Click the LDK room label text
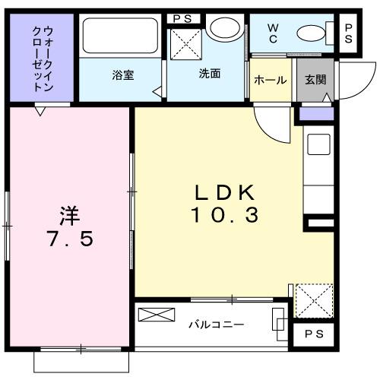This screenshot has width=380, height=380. pos(225,192)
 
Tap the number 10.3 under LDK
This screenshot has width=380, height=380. pos(225,215)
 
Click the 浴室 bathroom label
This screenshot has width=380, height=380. pos(122,75)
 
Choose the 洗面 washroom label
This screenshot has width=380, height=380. pos(210,74)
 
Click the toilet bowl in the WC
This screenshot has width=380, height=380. pos(312,33)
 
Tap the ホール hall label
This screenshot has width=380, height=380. pos(270,80)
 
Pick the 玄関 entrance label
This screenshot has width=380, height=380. pos(315,80)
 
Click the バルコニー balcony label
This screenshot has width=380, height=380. pos(216,325)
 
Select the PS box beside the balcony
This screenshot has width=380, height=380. pos(312,334)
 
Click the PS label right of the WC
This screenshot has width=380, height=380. pos(349,34)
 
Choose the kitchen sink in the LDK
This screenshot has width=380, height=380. pos(318,144)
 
